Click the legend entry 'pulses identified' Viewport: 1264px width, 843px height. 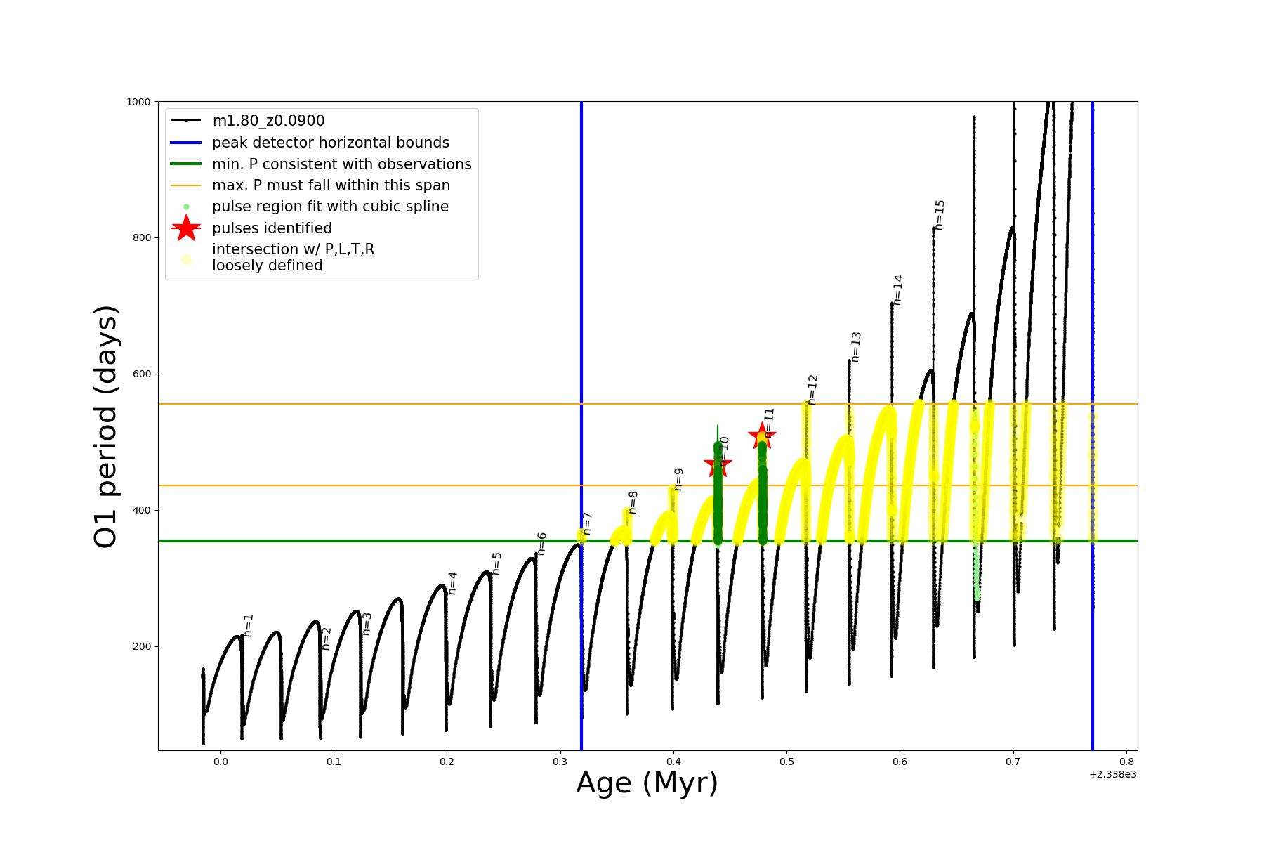pyautogui.click(x=272, y=228)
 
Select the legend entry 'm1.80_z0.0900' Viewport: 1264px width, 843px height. pyautogui.click(x=268, y=121)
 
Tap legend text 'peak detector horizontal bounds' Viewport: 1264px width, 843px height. pyautogui.click(x=330, y=143)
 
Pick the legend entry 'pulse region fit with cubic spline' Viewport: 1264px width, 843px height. pyautogui.click(x=330, y=207)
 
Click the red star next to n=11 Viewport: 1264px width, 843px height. pyautogui.click(x=762, y=436)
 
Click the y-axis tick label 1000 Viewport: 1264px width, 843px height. pyautogui.click(x=138, y=102)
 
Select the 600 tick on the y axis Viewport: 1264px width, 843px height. pyautogui.click(x=141, y=374)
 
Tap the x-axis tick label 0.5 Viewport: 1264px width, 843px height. pyautogui.click(x=786, y=762)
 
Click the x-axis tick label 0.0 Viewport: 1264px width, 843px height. pyautogui.click(x=220, y=762)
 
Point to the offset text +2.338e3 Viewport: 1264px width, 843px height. pyautogui.click(x=1112, y=774)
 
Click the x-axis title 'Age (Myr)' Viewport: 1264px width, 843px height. pyautogui.click(x=647, y=783)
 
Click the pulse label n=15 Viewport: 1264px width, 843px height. pyautogui.click(x=940, y=215)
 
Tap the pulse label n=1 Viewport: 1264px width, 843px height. pyautogui.click(x=248, y=625)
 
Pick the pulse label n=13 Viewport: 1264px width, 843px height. pyautogui.click(x=855, y=347)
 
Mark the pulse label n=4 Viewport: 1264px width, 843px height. pyautogui.click(x=452, y=583)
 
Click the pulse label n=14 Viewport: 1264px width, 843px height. pyautogui.click(x=898, y=290)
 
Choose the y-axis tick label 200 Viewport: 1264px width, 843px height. pyautogui.click(x=141, y=646)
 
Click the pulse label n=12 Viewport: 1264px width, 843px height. pyautogui.click(x=812, y=389)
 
